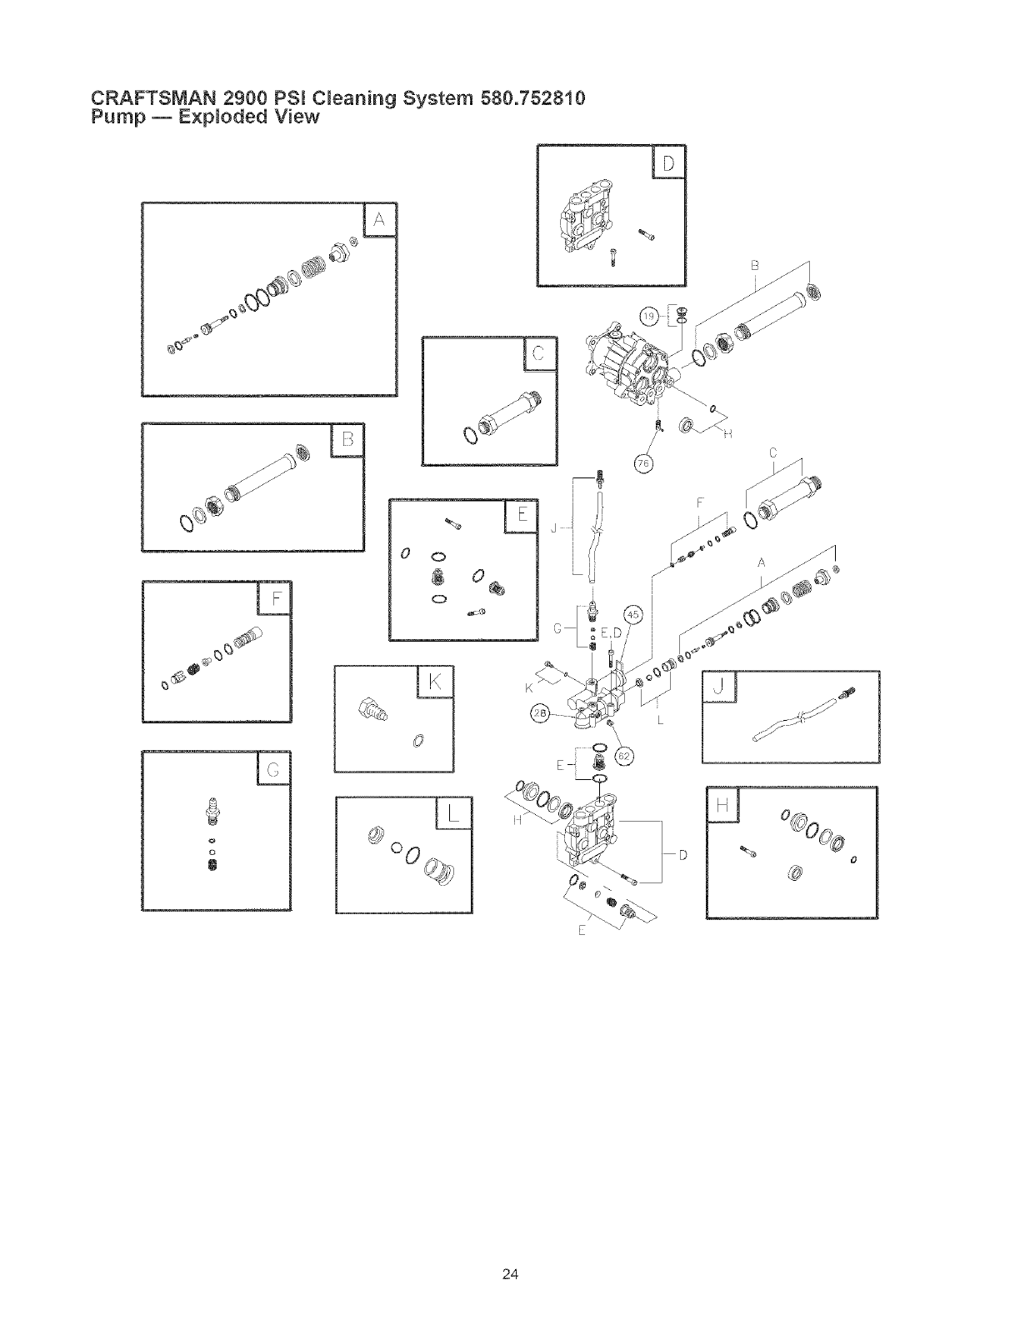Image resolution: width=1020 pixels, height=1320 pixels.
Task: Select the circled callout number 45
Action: [x=633, y=614]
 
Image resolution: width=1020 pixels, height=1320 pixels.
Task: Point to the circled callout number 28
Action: [x=540, y=714]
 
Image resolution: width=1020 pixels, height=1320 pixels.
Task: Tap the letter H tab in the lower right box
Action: [x=722, y=805]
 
